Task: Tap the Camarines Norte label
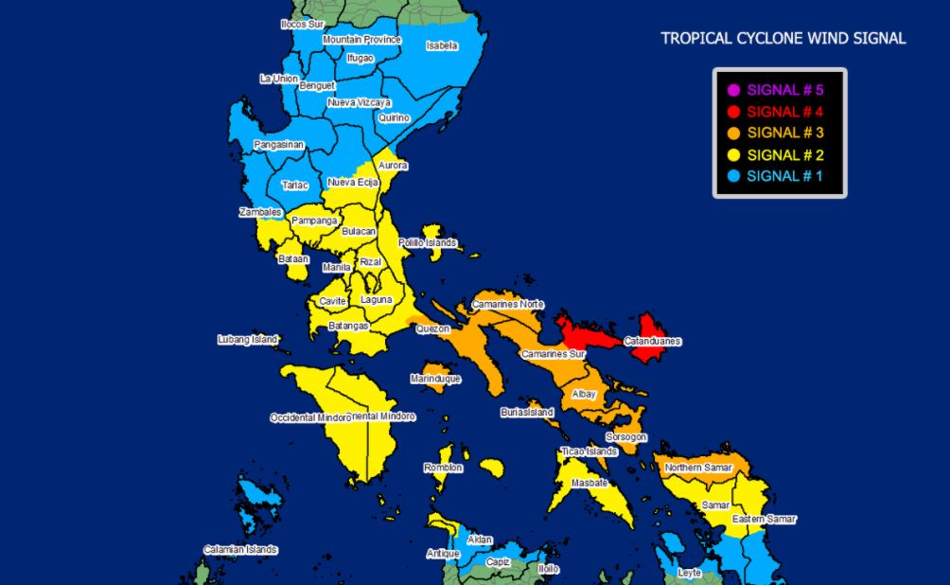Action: point(508,304)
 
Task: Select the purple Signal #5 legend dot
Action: point(732,91)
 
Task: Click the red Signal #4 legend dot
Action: point(732,112)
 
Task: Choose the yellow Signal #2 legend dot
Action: point(732,154)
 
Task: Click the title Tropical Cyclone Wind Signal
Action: point(783,39)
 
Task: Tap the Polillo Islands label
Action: point(428,243)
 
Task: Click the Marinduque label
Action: point(435,379)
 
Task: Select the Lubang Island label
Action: point(248,339)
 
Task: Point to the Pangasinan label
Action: point(279,145)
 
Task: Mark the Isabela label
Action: point(442,45)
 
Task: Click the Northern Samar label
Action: point(698,468)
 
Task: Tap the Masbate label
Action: point(589,484)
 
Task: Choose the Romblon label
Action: point(443,468)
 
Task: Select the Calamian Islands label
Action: point(240,549)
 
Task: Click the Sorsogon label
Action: point(626,437)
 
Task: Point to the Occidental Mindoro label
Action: point(309,417)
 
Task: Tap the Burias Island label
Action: point(527,413)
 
